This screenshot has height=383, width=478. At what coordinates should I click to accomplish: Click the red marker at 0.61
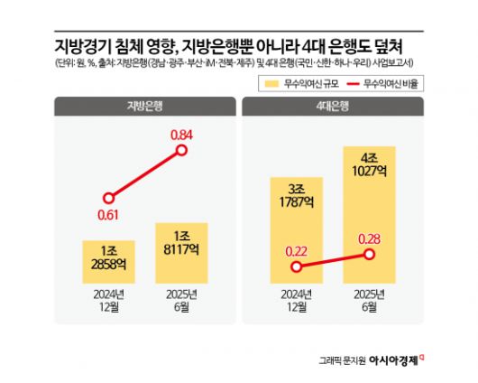tap(108, 196)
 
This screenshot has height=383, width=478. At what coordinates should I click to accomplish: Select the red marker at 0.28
tap(369, 255)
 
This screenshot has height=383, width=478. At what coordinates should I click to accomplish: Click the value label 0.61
tap(108, 215)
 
